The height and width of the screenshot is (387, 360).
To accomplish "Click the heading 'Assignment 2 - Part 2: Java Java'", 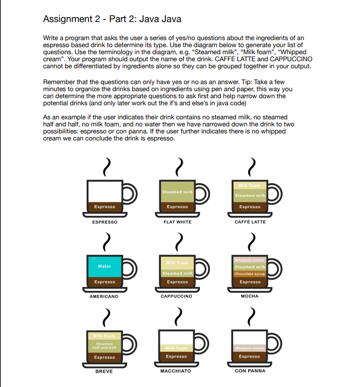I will click(112, 19).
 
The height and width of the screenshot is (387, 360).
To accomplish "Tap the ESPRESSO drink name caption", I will click(104, 222).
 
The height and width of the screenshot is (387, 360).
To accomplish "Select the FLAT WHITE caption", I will click(177, 222).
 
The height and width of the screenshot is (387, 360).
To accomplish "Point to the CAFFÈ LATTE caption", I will click(250, 222).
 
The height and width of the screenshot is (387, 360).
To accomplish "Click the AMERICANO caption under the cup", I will click(104, 296).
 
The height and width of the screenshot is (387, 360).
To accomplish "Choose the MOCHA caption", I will click(250, 296).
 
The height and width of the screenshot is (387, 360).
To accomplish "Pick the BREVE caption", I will click(104, 371).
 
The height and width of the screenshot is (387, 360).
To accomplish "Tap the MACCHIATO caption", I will click(176, 371).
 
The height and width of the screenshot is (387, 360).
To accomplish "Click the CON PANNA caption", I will click(250, 371).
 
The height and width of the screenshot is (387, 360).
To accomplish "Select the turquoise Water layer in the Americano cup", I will click(104, 266).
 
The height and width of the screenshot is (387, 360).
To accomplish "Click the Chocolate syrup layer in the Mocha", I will click(250, 274).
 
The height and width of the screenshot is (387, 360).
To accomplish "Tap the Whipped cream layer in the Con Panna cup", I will click(250, 348).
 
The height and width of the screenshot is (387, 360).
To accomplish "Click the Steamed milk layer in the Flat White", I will click(177, 192).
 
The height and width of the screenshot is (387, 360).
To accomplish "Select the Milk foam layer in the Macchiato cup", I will click(177, 348).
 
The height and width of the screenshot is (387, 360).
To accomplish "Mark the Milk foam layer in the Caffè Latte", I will click(250, 185).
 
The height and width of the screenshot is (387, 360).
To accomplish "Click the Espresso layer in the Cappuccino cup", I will click(177, 282).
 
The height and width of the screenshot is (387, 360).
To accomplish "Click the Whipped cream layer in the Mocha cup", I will click(250, 260).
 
